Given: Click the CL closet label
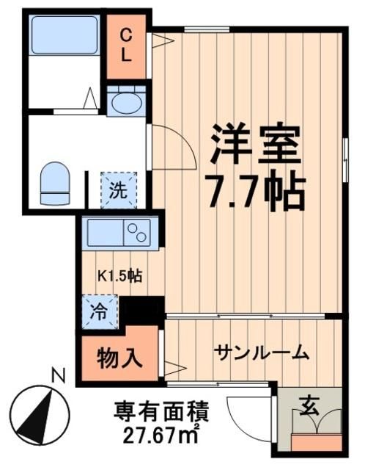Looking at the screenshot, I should (126, 45).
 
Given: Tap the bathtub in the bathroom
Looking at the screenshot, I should (65, 35).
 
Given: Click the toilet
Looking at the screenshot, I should (53, 182).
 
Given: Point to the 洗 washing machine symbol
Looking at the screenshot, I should (117, 190).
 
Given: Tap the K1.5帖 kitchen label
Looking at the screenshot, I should (119, 276).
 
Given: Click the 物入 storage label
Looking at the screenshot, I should (119, 358).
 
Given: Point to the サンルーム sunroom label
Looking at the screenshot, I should (261, 354).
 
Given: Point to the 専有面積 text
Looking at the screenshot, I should (158, 408).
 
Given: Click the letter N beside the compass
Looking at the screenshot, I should (59, 376).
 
